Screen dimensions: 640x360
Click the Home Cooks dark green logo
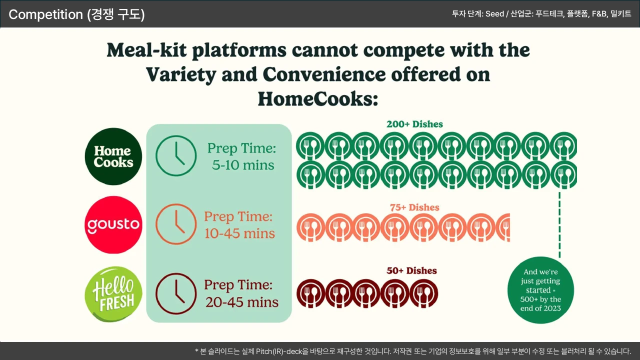click(x=113, y=156)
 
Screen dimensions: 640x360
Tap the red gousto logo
click(x=113, y=224)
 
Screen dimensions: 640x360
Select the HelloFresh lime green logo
click(x=113, y=294)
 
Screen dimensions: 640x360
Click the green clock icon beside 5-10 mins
click(x=176, y=155)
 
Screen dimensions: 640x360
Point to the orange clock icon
click(x=176, y=224)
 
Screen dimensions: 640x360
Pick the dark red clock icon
click(x=176, y=293)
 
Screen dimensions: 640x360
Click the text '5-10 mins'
click(x=243, y=165)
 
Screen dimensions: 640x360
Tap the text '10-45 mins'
click(x=239, y=233)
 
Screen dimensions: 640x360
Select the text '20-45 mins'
click(x=241, y=302)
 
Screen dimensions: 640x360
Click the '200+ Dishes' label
click(x=414, y=124)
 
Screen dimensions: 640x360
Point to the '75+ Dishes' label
click(x=414, y=207)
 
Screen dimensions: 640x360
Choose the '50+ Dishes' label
click(x=411, y=270)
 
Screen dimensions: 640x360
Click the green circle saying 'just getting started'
click(x=540, y=290)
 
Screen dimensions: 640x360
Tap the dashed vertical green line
click(x=559, y=225)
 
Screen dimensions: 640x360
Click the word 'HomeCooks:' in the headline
click(x=318, y=99)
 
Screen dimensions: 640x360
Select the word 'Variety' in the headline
click(x=181, y=75)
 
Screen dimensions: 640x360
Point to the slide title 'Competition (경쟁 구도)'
click(x=76, y=14)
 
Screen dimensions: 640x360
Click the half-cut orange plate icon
click(x=503, y=227)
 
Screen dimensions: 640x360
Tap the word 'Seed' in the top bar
click(x=494, y=13)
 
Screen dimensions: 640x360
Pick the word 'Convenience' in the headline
click(x=324, y=74)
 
